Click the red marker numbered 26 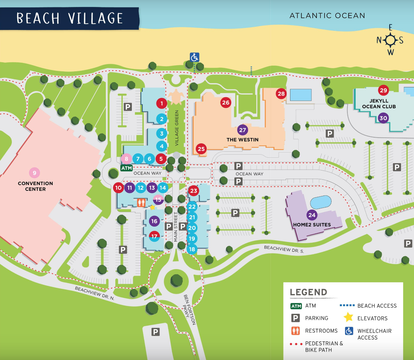click(x=226, y=103)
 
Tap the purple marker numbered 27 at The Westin click(x=243, y=130)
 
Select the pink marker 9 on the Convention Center click(x=34, y=173)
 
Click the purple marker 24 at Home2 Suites click(x=312, y=215)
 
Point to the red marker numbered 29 click(x=383, y=90)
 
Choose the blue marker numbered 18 click(x=192, y=249)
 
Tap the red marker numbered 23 click(x=194, y=191)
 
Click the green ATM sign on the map click(x=126, y=168)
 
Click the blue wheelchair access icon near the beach click(x=195, y=57)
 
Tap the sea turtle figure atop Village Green click(x=175, y=97)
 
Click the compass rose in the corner click(x=390, y=40)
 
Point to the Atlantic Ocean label click(x=327, y=16)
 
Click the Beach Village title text click(x=69, y=18)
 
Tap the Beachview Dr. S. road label click(x=284, y=249)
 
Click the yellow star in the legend click(x=348, y=317)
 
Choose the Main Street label click(x=175, y=227)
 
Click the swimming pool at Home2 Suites click(x=321, y=202)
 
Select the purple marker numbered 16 click(x=154, y=221)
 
